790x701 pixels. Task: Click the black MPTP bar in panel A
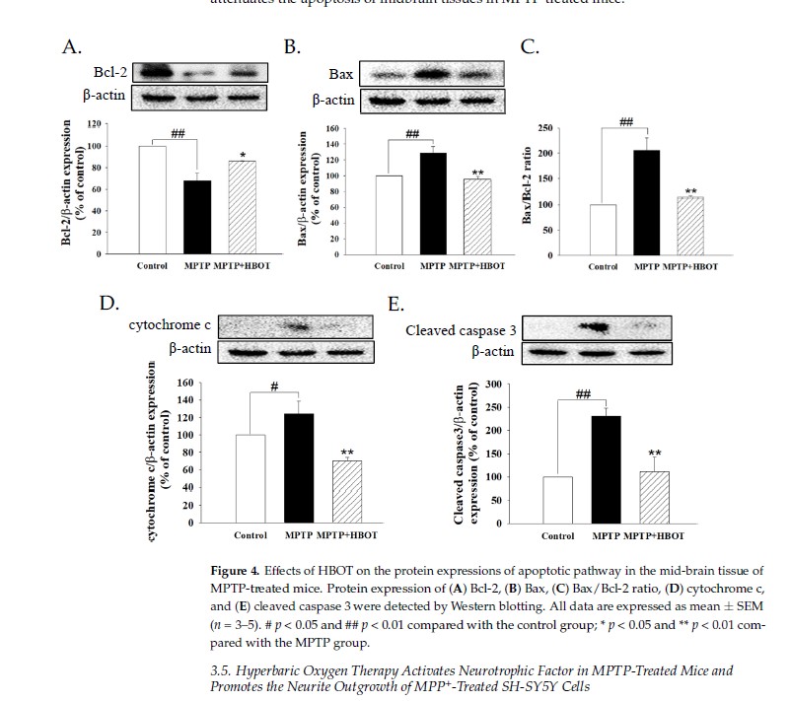coord(199,217)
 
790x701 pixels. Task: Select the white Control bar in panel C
coord(603,229)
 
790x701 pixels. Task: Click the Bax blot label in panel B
coord(341,75)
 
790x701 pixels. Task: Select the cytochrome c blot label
coord(168,325)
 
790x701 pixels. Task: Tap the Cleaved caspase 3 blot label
coord(461,330)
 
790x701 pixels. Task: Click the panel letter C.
coord(530,46)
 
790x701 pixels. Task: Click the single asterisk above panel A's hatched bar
coord(242,155)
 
